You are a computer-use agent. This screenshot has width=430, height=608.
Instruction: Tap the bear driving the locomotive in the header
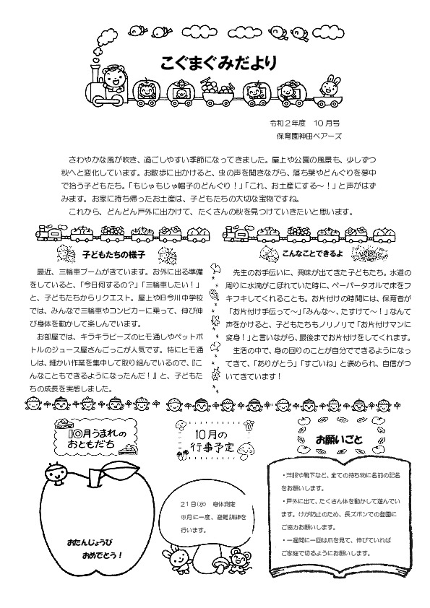point(113,78)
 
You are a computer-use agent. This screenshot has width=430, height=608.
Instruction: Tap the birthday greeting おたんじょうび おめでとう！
point(95,548)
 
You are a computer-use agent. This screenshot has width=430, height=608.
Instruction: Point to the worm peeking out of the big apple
point(55,477)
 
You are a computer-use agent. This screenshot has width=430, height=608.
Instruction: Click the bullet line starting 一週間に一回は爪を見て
point(330,539)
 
